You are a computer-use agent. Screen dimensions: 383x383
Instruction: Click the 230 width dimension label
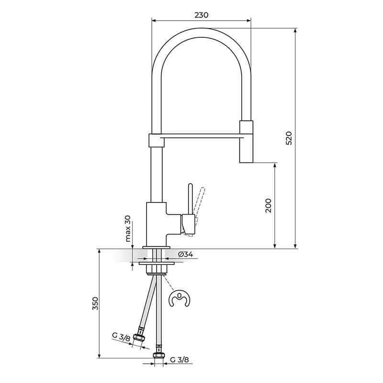(201, 15)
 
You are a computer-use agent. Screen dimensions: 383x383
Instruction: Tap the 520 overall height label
(289, 138)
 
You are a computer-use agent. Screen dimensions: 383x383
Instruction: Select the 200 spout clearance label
(268, 205)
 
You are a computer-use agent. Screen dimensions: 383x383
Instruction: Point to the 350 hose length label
(95, 304)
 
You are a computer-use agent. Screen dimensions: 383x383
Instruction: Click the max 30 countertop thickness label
(128, 229)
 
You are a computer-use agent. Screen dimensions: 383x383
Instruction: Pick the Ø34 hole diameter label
(185, 254)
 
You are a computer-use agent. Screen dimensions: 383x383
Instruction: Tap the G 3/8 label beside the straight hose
(180, 360)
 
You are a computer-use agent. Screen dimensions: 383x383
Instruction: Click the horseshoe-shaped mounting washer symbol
(180, 298)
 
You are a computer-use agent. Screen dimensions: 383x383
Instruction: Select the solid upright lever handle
(190, 199)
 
